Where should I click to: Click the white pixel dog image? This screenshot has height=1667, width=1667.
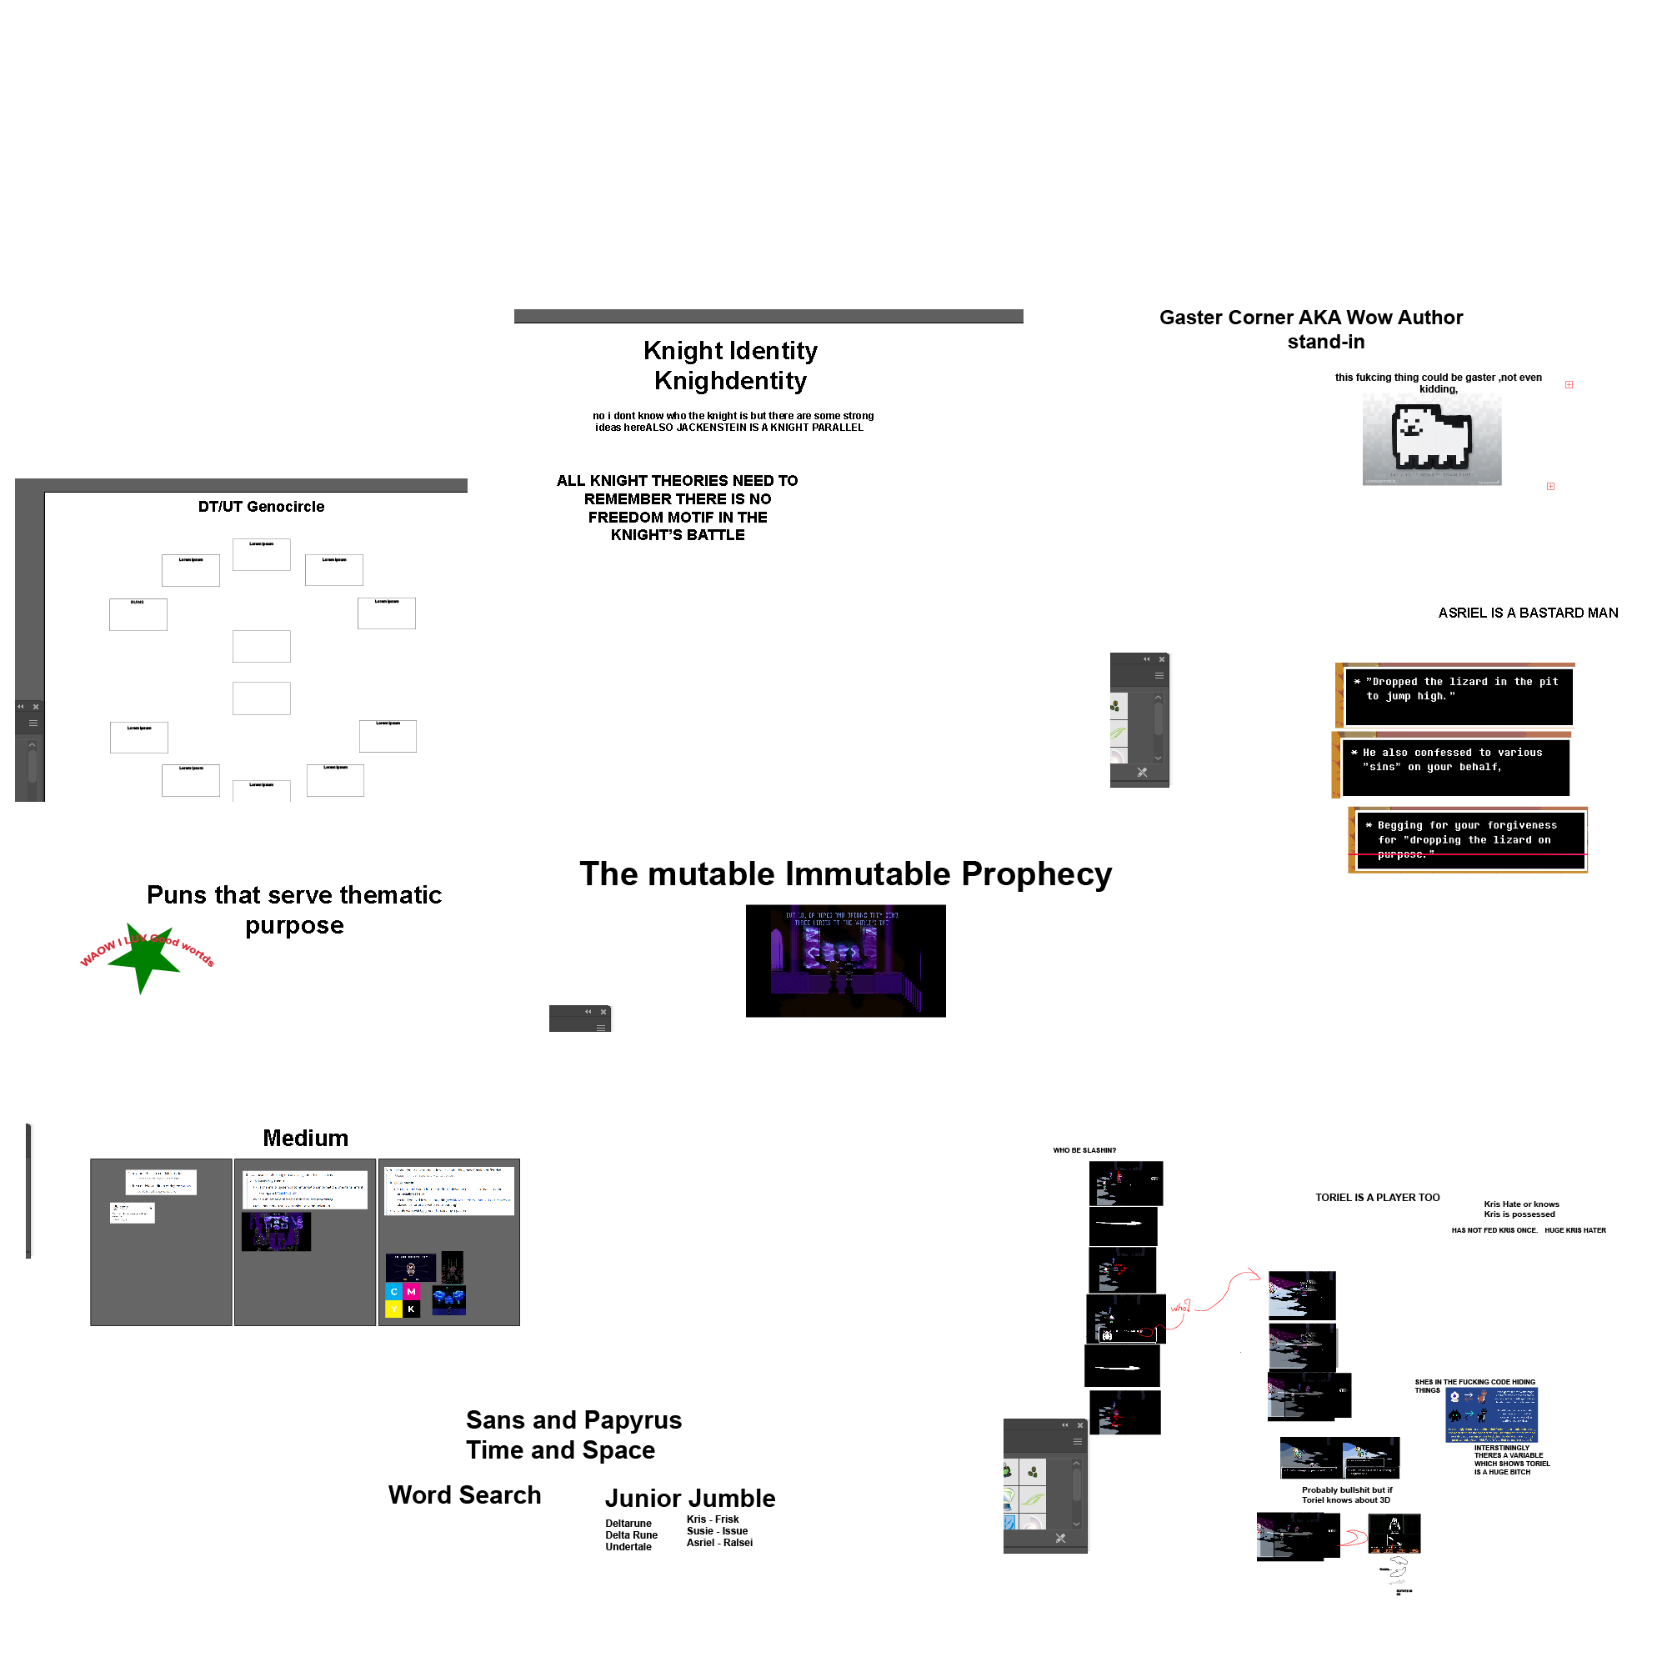[1431, 439]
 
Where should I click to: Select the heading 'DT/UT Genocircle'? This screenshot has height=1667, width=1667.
[262, 507]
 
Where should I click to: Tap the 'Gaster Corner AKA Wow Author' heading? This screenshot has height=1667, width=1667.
[1310, 318]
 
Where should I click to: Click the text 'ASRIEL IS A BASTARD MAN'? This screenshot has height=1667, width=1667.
[1527, 613]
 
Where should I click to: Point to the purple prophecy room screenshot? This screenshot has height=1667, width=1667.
[844, 960]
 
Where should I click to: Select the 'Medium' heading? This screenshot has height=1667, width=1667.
[305, 1138]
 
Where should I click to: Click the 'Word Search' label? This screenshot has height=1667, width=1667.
[464, 1495]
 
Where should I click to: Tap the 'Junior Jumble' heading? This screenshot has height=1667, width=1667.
[689, 1499]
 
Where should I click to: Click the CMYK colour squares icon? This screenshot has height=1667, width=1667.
[402, 1300]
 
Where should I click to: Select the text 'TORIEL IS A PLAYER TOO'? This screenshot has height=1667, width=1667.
[1377, 1198]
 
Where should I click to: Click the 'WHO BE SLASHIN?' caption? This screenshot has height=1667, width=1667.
[1084, 1150]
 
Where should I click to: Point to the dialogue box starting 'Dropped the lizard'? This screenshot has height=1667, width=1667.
[1458, 695]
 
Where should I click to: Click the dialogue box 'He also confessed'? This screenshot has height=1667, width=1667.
[1454, 766]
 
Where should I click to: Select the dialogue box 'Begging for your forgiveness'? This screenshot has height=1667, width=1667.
[1469, 839]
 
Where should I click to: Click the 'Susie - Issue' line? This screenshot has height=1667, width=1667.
[716, 1531]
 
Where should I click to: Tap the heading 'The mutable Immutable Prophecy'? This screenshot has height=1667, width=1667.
[844, 874]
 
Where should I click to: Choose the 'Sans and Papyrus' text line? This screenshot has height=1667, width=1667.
[573, 1420]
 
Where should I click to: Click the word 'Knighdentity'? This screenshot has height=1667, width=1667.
[730, 381]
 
